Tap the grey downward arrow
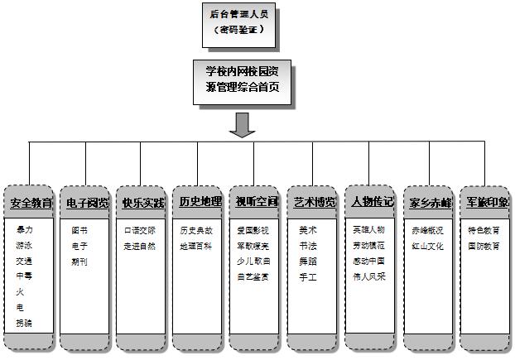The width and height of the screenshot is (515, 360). point(242,124)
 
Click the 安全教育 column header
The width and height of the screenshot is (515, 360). point(31,203)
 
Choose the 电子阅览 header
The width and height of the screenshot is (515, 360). point(87,203)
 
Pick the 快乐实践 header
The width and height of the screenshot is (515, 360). point(143,203)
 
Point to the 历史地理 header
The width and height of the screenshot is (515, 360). point(200,201)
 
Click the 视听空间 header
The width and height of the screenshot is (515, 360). point(256,201)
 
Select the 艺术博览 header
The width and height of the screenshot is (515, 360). point(314,201)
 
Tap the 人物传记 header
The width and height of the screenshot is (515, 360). point(371,201)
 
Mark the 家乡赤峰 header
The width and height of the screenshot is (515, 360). point(429,202)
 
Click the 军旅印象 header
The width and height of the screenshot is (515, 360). point(486,201)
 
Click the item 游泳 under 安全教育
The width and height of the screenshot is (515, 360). point(25,246)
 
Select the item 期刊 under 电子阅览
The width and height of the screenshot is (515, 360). point(79,262)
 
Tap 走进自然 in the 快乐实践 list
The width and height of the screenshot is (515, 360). point(139,246)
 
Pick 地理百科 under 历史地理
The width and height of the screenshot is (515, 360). point(196,246)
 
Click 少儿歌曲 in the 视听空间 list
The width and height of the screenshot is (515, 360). point(253,262)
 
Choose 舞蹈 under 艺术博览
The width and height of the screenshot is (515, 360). point(308,262)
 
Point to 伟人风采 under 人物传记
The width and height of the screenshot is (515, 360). point(368,276)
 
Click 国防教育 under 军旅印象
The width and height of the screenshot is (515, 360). point(484,246)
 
